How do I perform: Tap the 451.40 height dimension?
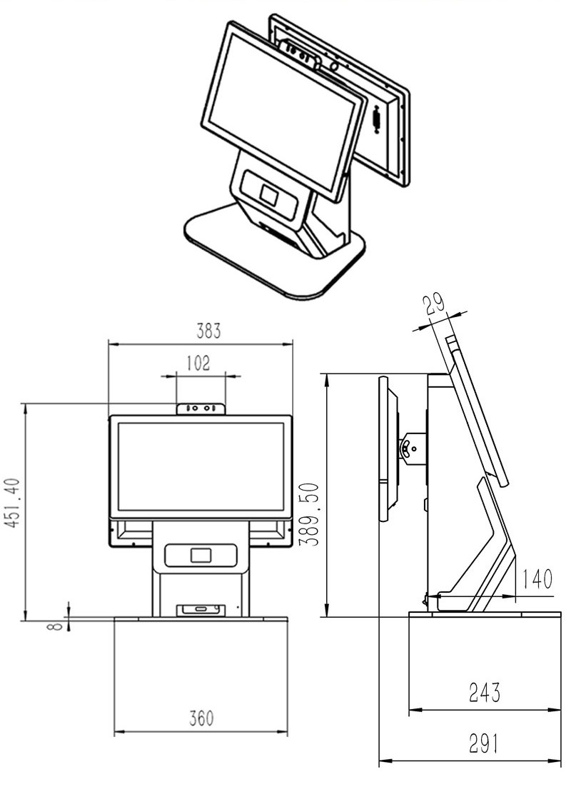[12, 512]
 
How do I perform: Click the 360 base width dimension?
[201, 718]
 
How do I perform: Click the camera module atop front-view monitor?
[201, 408]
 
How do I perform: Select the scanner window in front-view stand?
[201, 555]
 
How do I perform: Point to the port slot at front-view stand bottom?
[201, 609]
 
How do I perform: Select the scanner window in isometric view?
[269, 194]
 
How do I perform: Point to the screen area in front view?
[201, 466]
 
